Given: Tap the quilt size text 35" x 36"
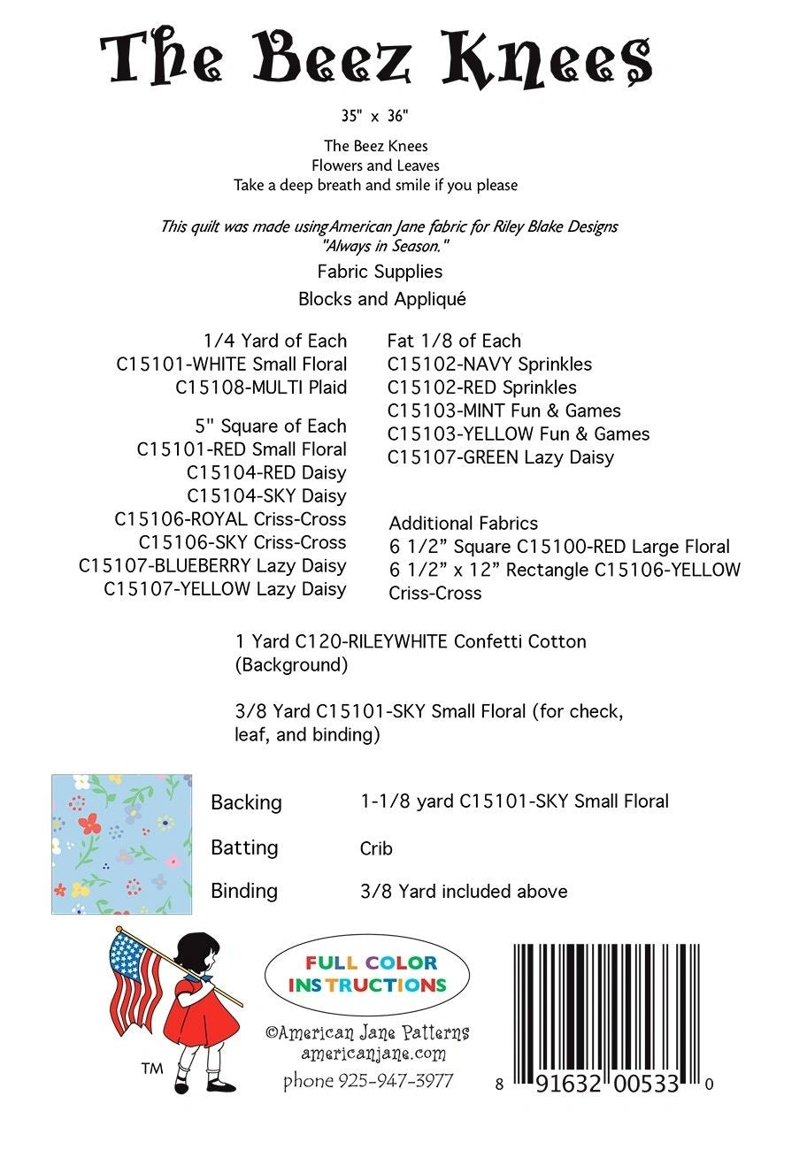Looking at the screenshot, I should pos(375,116).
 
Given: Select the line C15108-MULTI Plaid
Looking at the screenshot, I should pos(261,387).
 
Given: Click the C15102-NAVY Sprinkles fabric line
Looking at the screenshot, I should pos(489,364).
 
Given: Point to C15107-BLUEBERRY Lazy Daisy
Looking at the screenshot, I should pos(212,566).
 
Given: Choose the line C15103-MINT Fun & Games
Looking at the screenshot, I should pos(503,410).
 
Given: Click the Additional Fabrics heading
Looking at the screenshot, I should pos(463,524).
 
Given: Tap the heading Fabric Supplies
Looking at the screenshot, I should pos(380,272).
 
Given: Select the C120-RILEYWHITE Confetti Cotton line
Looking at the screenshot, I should pos(410,641).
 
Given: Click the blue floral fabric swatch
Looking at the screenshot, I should pos(121,844).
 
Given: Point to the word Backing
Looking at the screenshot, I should pos(246,803).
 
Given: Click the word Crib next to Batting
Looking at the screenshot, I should pos(376,849).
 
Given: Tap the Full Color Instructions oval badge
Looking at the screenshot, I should pos(367,973).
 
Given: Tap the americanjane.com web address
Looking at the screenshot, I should pos(373,1054).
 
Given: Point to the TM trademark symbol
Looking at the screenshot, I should pos(151,1069).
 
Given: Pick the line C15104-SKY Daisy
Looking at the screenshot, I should pos(266,496).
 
